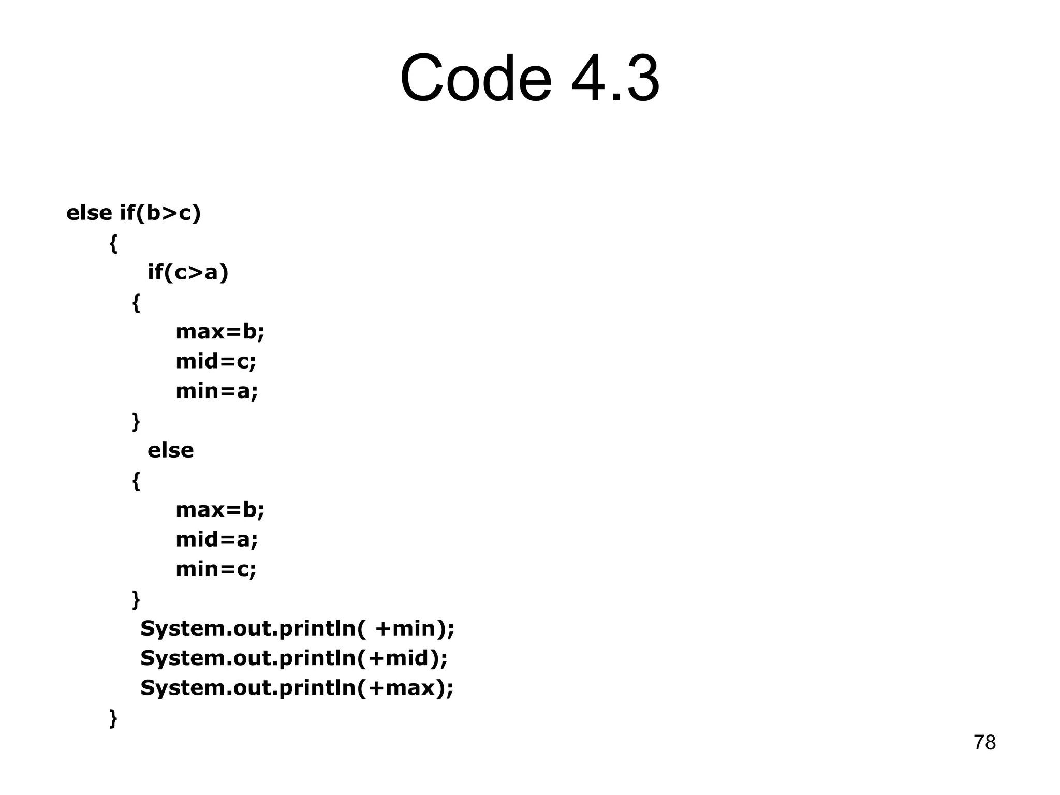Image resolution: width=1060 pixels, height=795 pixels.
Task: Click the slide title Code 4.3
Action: (529, 79)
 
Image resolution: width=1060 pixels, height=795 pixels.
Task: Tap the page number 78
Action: (984, 743)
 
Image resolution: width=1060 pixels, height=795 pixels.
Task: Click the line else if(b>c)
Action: (134, 213)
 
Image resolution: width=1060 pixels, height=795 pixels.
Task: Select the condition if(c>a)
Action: (188, 272)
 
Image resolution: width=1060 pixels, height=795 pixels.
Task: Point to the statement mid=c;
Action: (216, 361)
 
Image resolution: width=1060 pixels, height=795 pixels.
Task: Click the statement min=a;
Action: (216, 391)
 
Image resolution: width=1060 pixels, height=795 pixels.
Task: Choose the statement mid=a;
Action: (216, 540)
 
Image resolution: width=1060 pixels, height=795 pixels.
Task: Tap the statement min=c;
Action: (216, 569)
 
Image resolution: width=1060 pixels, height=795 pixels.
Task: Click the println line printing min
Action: (297, 629)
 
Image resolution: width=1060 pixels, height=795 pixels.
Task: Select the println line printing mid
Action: (294, 658)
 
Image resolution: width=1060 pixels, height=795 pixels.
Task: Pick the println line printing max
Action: (297, 688)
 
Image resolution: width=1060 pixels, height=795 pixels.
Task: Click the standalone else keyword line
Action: (171, 450)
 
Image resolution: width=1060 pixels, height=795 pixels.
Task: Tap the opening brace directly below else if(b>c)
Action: (114, 243)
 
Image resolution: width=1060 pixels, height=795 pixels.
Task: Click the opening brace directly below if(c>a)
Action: (136, 303)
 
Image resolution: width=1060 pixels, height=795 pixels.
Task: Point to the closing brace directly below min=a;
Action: (136, 421)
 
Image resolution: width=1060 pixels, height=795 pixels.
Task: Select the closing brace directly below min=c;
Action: (136, 599)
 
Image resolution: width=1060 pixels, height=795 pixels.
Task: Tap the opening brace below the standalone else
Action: (136, 481)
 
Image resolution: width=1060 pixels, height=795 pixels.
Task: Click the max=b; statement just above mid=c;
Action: (220, 332)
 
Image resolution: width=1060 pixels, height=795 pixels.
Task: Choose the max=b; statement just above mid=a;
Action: (220, 510)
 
